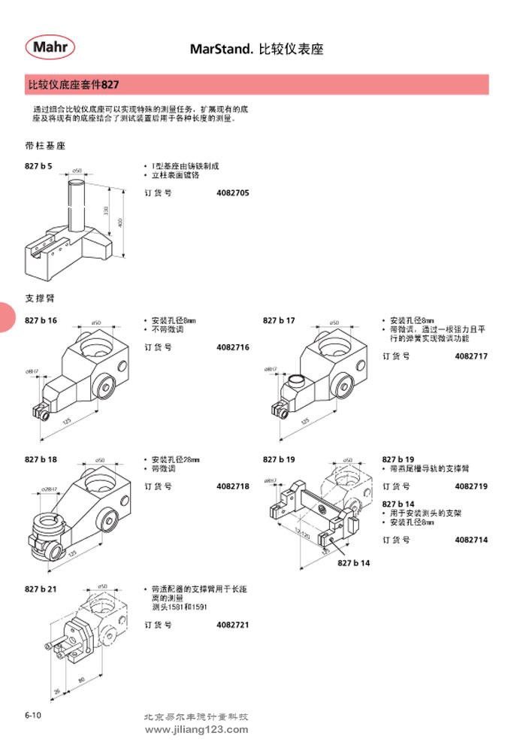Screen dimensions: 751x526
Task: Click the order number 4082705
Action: (x=233, y=193)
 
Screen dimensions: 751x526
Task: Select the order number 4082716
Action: (x=233, y=347)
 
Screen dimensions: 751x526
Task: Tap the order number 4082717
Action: (x=471, y=356)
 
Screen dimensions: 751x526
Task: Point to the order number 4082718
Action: (x=233, y=486)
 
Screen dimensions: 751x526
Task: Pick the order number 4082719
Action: (x=471, y=486)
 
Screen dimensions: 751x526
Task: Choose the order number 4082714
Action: (x=471, y=540)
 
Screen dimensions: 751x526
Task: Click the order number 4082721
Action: (x=233, y=625)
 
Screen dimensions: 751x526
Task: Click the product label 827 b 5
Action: (x=39, y=166)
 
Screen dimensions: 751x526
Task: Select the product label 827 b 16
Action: (x=41, y=320)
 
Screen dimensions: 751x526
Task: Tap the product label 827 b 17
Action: (x=279, y=320)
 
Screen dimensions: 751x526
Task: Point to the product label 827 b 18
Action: (x=41, y=459)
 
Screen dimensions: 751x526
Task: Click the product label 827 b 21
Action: (x=41, y=589)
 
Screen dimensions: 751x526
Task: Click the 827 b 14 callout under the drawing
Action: (x=354, y=562)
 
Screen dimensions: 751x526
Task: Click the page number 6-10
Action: (x=32, y=716)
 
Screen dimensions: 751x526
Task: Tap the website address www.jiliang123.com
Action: (x=195, y=729)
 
